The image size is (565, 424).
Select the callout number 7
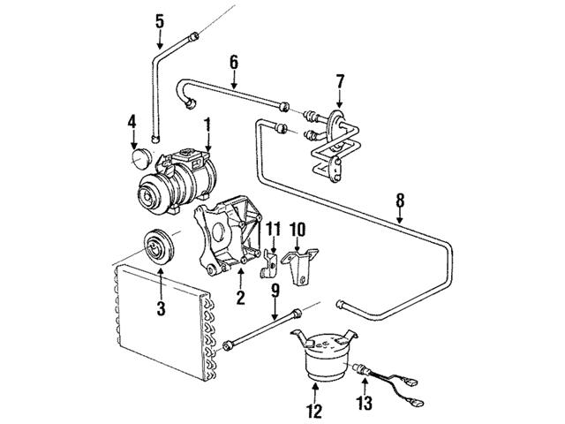(340, 82)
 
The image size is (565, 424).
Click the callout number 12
(315, 410)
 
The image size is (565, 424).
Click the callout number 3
(161, 307)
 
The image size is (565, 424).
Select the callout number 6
(234, 63)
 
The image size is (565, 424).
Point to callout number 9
(275, 289)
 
